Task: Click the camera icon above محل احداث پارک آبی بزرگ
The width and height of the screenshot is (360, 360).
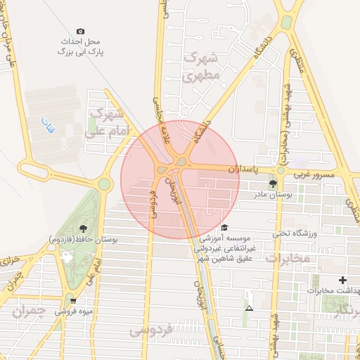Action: (x=80, y=32)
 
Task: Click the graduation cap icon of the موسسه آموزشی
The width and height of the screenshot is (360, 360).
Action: (x=224, y=227)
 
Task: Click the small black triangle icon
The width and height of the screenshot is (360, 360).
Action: (x=248, y=307)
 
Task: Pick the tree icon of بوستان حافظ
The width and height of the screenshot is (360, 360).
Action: (x=84, y=228)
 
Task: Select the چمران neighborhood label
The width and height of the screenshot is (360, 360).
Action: (x=34, y=309)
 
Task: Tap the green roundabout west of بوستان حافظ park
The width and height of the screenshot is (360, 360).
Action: (x=105, y=184)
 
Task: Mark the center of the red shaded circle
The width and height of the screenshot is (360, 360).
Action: (x=180, y=179)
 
